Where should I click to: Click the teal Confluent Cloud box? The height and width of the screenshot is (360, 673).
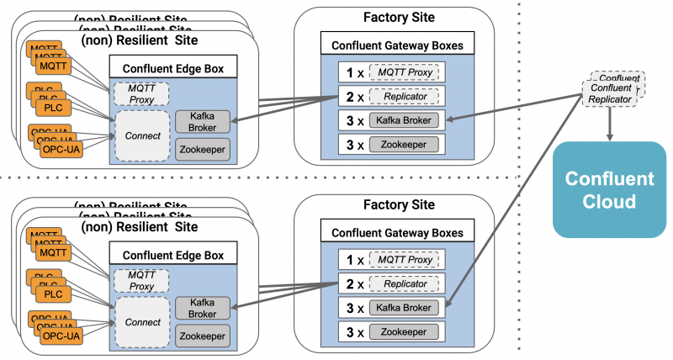click(609, 190)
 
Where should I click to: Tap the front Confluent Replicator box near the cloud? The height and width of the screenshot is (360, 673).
click(612, 93)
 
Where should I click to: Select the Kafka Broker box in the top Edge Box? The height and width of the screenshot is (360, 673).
click(202, 122)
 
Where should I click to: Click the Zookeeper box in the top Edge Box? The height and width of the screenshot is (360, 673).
click(202, 150)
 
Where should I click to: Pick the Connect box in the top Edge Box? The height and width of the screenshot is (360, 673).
click(141, 134)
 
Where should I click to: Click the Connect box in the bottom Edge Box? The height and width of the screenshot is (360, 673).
click(141, 321)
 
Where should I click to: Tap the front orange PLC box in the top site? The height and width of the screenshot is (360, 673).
click(53, 107)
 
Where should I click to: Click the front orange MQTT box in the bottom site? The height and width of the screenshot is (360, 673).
click(53, 251)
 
